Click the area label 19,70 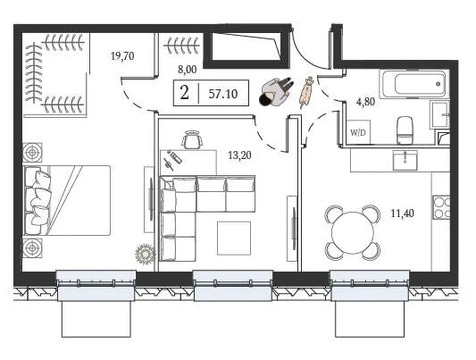point(122,58)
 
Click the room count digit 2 point(185,93)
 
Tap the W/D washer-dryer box point(358,130)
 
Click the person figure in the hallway point(274,92)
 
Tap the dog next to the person point(306,92)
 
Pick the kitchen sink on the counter point(404,159)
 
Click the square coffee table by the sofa point(234,238)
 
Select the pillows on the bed point(44,196)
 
